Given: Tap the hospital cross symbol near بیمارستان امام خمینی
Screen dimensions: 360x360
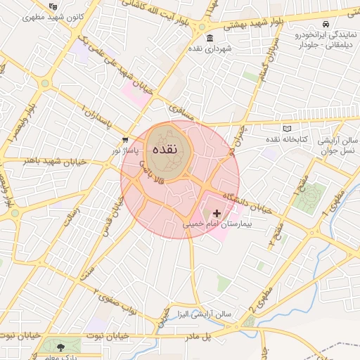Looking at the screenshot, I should (217, 212).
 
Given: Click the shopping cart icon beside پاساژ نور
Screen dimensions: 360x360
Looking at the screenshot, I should (125, 140).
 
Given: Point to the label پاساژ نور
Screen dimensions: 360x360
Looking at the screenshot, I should (125, 150).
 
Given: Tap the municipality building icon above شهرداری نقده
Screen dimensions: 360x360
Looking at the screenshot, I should (210, 38).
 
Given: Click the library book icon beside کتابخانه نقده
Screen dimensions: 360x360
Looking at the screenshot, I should (286, 129).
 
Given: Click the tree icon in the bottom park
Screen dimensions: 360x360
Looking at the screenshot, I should (61, 347).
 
